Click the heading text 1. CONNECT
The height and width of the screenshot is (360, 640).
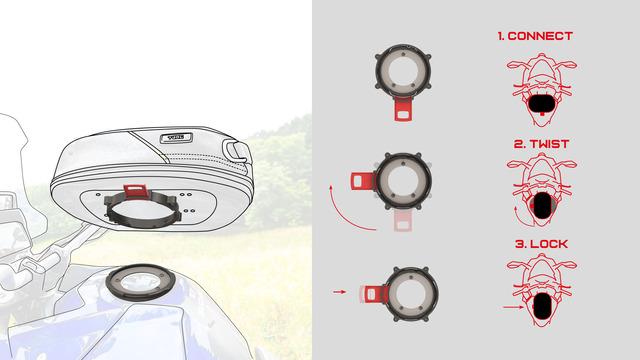click(535, 36)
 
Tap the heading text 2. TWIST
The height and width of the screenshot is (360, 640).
click(541, 144)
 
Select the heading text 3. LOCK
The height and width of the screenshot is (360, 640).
click(541, 244)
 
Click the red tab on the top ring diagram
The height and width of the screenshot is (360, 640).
click(404, 109)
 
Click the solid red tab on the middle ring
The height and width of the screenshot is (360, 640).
click(362, 181)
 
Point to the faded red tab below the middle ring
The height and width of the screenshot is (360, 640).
click(403, 220)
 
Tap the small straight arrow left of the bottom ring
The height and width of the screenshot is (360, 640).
click(340, 292)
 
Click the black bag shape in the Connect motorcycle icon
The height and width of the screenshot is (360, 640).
click(542, 104)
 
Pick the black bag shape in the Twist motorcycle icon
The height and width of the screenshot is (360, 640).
click(542, 205)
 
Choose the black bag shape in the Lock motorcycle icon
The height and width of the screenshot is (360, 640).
click(542, 306)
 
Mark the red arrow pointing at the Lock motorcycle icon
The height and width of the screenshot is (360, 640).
click(513, 307)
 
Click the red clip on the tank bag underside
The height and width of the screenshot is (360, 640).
click(136, 191)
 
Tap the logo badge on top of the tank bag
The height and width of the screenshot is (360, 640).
click(176, 138)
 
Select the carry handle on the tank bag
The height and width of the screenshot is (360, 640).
click(234, 149)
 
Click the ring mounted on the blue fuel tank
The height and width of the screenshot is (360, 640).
click(140, 282)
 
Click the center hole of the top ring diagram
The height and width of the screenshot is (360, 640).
click(403, 71)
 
